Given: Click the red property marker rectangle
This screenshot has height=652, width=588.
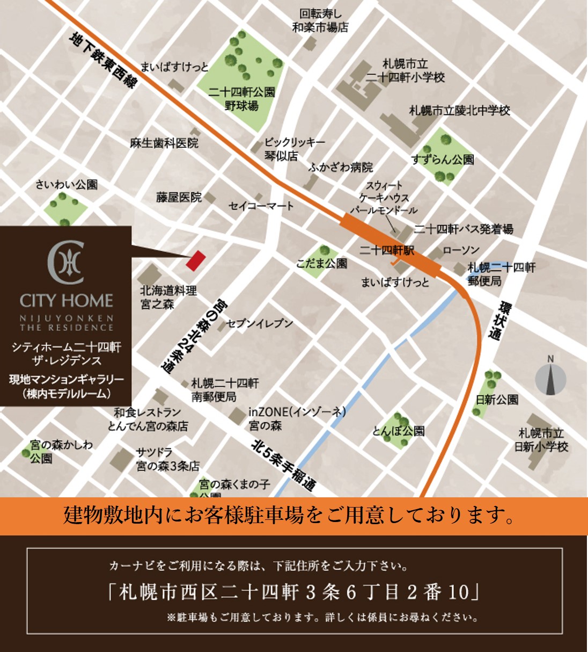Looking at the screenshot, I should (x=196, y=260).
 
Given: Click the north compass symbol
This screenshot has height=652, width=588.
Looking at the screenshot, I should (x=550, y=378).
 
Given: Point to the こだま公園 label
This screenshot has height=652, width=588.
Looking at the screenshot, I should (x=322, y=263).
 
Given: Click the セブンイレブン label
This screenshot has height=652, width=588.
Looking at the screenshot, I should (x=260, y=323).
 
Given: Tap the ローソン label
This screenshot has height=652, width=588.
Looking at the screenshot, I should (x=461, y=250).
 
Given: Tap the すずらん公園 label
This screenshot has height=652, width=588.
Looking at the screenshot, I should (x=443, y=160).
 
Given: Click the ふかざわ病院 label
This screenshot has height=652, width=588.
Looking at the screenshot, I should (x=341, y=168).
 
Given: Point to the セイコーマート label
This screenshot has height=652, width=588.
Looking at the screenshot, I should (x=261, y=206).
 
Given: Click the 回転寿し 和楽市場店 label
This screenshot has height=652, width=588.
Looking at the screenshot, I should (x=320, y=20).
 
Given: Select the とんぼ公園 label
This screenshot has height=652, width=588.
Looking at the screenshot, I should (x=399, y=431).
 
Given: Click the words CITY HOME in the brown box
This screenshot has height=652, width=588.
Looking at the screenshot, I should (x=67, y=300).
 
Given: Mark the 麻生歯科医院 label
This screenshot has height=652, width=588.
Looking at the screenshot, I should (x=164, y=143).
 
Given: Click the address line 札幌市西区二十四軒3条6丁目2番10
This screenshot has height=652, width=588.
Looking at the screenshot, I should (x=294, y=592).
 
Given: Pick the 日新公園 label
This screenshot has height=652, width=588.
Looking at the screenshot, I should (x=497, y=400).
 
